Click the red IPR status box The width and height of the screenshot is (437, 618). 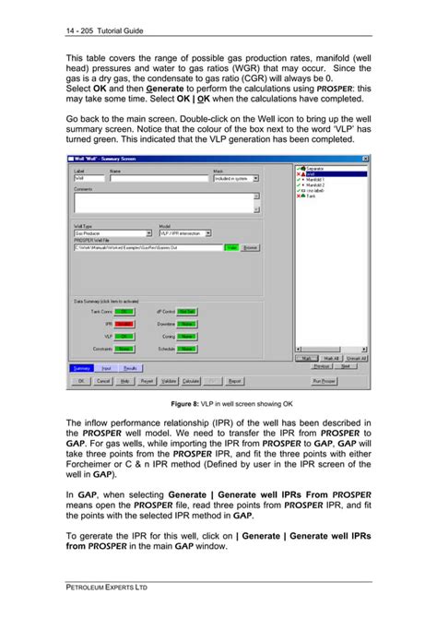(124, 324)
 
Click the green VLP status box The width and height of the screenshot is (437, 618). (124, 337)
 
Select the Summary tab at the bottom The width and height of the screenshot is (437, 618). (82, 368)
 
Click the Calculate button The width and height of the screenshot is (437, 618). (191, 380)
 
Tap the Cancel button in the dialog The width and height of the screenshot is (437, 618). (102, 380)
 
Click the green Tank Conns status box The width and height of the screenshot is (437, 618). (124, 312)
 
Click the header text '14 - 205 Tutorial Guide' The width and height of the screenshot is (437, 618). (105, 31)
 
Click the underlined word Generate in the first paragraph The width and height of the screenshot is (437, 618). (147, 89)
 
